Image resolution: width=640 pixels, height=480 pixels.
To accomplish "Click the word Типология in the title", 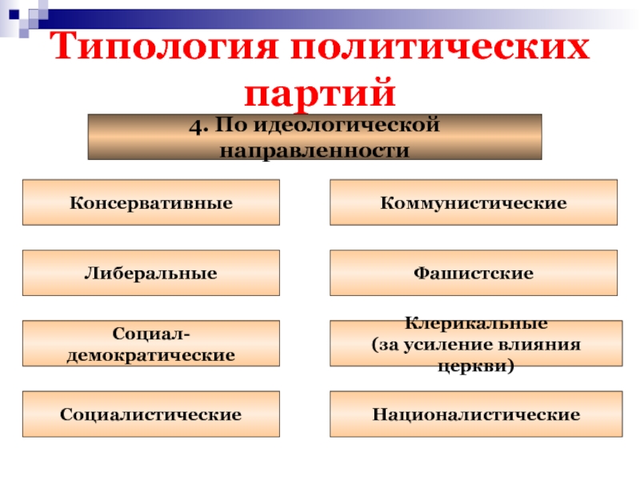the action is click(164, 46).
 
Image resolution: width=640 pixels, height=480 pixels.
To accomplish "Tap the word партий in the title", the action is click(319, 94).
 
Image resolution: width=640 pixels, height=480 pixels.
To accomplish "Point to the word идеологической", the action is click(346, 125).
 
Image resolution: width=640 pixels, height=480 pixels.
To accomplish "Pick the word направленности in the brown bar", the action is click(314, 150).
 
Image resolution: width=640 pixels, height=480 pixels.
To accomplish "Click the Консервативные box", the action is click(151, 202).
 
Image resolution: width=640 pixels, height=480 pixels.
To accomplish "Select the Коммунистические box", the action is click(474, 202).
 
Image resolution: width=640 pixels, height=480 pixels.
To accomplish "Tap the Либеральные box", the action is click(151, 273).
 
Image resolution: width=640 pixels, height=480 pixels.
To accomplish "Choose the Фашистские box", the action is click(474, 273).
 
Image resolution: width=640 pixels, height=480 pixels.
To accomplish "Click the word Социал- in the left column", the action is click(151, 334).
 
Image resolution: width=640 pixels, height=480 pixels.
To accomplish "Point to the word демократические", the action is click(151, 355).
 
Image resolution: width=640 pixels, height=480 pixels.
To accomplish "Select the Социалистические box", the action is click(151, 414).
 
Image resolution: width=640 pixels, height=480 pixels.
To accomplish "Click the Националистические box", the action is click(476, 414).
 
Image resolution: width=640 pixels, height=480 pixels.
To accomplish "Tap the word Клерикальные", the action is click(476, 323).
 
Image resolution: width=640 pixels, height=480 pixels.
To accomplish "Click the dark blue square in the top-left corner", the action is click(14, 14).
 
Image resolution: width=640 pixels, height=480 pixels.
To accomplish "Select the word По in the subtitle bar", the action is click(230, 125).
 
